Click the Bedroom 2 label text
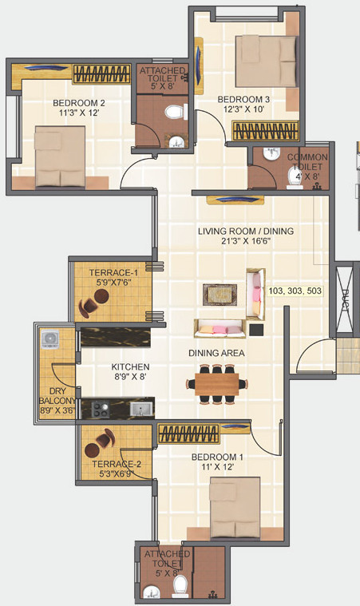(x=79, y=103)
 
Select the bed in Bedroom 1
(x=235, y=508)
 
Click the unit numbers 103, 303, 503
(x=296, y=291)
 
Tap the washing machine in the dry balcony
(x=51, y=339)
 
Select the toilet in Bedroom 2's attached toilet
(x=172, y=114)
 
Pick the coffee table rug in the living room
(x=218, y=294)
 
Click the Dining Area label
(x=216, y=352)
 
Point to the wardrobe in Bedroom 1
(x=188, y=434)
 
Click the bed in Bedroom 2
(x=59, y=153)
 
